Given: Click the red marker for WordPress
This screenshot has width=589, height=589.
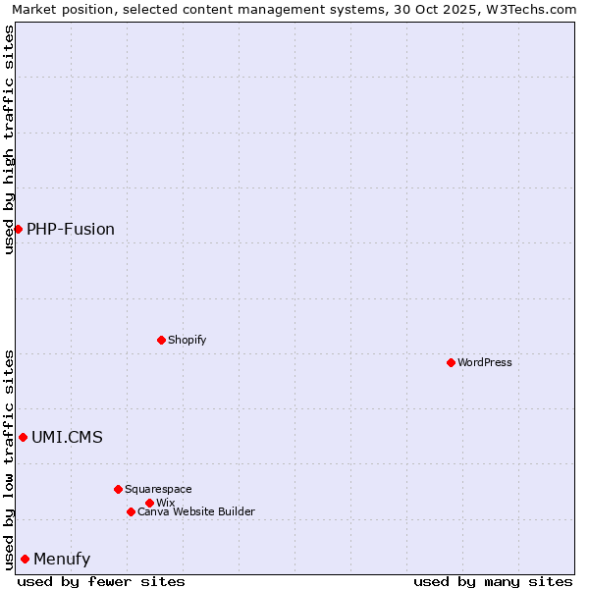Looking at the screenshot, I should [x=451, y=362].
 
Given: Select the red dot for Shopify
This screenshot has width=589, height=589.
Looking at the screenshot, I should [x=161, y=340].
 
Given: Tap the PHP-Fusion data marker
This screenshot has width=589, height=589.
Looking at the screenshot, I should [x=18, y=229].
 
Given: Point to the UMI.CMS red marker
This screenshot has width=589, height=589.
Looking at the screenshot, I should [x=23, y=437].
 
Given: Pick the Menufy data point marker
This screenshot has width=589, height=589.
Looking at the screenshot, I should [x=25, y=559].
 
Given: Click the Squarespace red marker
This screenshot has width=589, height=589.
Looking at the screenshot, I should [x=118, y=489].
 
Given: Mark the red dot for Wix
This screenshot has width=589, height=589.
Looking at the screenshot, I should [x=149, y=503].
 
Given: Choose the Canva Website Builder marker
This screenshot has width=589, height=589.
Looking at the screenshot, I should [x=131, y=511].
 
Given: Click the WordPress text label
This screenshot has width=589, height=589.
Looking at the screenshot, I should [x=485, y=362].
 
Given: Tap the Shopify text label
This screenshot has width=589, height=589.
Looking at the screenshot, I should [x=187, y=340].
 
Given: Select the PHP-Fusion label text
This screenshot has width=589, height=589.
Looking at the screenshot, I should [x=71, y=229].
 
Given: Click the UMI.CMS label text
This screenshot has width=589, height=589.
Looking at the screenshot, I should [x=67, y=437].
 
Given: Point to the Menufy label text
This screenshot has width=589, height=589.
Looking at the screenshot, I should [x=62, y=559].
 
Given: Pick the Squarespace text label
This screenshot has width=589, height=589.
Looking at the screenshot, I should [x=158, y=489].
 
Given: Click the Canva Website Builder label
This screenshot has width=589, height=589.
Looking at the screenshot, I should [x=196, y=511].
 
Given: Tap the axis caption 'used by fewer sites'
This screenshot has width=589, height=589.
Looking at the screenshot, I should [x=101, y=581].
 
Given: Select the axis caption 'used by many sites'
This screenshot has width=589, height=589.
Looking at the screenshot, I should [x=493, y=581].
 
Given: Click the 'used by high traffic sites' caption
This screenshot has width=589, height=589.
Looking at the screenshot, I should [x=9, y=139].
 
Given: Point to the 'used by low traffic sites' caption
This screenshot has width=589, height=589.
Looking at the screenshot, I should [x=9, y=458].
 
